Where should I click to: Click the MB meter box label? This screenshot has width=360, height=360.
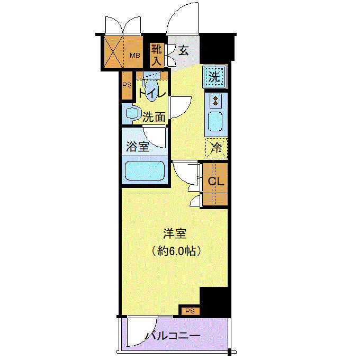point(135,56)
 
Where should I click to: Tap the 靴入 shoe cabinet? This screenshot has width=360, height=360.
point(157,55)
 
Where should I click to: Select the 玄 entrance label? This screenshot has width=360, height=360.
point(184,50)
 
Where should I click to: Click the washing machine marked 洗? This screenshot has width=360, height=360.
point(214,77)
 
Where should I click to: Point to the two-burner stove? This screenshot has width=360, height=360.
point(215,101)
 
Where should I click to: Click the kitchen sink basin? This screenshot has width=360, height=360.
point(215,121)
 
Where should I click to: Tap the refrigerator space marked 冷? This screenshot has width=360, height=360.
point(217,148)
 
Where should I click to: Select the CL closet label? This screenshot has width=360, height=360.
point(216,182)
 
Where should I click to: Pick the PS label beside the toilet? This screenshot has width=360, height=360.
point(127,85)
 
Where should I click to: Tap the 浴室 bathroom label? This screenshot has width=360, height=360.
point(138,147)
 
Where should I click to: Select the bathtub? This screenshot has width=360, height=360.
point(145,171)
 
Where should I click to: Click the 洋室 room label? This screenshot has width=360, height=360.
point(175,233)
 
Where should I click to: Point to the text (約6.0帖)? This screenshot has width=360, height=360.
point(176,251)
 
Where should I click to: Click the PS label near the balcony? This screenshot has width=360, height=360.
point(190,311)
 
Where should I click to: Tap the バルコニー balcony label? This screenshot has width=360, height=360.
point(173,336)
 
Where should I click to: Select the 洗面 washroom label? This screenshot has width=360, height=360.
point(154,117)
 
